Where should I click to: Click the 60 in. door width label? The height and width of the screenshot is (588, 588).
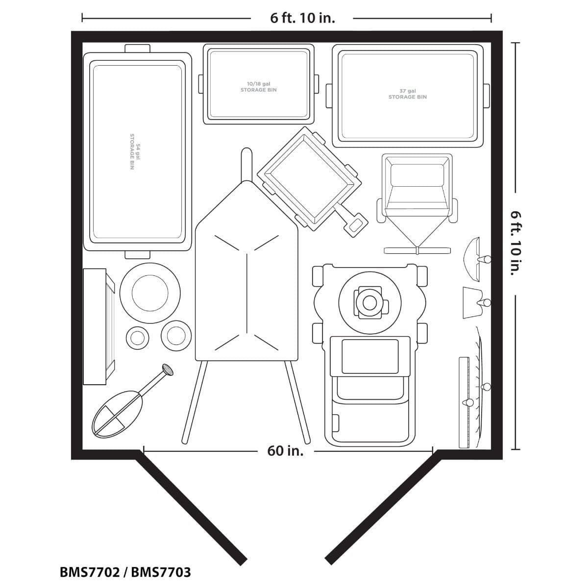pyautogui.click(x=285, y=451)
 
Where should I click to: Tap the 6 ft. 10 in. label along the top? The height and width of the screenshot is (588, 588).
pyautogui.click(x=302, y=18)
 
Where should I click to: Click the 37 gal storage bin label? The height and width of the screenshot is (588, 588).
pyautogui.click(x=407, y=94)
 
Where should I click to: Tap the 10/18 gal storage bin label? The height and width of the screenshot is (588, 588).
pyautogui.click(x=258, y=87)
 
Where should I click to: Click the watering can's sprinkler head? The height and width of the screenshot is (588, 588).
pyautogui.click(x=168, y=369)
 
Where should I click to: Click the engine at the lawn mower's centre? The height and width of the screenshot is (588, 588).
pyautogui.click(x=370, y=303)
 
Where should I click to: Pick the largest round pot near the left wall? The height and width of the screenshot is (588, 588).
pyautogui.click(x=150, y=293)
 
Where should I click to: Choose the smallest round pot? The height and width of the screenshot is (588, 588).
pyautogui.click(x=137, y=338)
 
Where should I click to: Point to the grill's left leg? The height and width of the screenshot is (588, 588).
pyautogui.click(x=195, y=402)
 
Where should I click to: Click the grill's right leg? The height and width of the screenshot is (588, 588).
pyautogui.click(x=297, y=402)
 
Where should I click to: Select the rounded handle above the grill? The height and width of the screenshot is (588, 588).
pyautogui.click(x=246, y=164)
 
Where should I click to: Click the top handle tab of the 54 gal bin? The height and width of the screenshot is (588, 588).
pyautogui.click(x=137, y=48)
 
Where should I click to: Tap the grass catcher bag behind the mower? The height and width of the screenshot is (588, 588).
pyautogui.click(x=369, y=414)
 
